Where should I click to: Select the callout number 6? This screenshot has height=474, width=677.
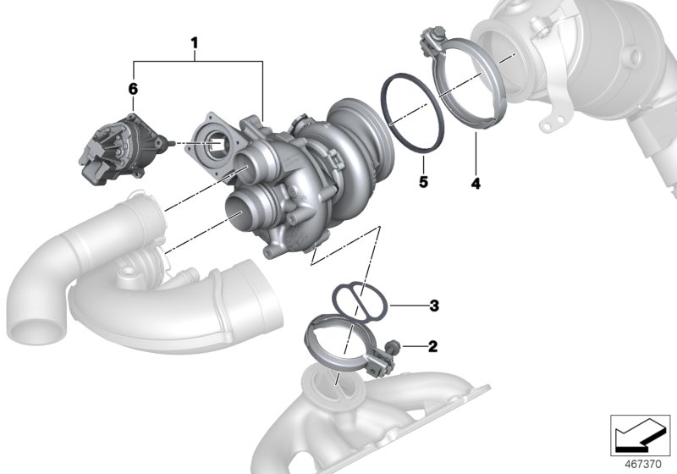click(x=132, y=88)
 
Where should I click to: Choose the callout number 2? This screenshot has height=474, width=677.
click(x=432, y=346)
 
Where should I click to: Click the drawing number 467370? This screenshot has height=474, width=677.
click(x=642, y=462)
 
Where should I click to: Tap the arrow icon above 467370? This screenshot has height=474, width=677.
click(x=641, y=435)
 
